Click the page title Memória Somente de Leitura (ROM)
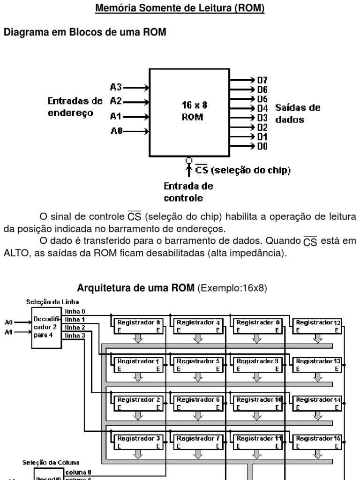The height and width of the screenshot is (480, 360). point(180,9)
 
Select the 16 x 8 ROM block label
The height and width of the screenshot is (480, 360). point(192,111)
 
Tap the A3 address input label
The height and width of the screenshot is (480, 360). point(116,87)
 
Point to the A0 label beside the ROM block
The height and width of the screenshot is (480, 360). point(116,132)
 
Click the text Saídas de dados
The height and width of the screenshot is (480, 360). point(297,113)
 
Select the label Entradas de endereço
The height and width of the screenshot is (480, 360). point(75,106)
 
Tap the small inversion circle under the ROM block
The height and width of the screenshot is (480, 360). point(189,159)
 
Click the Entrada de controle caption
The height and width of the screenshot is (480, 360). point(188,192)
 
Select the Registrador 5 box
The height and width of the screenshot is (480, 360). point(198,364)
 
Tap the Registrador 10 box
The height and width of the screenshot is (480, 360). point(258,403)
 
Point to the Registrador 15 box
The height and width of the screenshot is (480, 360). point(318,442)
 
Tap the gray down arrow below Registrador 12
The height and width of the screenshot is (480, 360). point(318,338)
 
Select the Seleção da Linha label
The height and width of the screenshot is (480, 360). point(46,302)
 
